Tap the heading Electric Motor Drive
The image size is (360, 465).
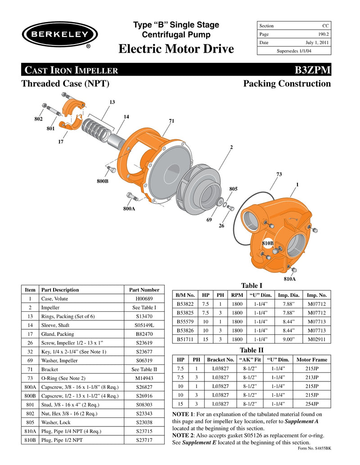coord(176,49)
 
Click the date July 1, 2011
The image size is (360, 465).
coord(317,43)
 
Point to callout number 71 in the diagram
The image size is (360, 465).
coord(171,121)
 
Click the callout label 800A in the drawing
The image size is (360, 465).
coord(129,208)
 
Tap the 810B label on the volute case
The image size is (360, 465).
coord(268,243)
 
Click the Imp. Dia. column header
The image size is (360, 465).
coord(288,295)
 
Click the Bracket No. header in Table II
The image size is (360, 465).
coord(220,360)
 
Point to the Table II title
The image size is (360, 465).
coord(252,350)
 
